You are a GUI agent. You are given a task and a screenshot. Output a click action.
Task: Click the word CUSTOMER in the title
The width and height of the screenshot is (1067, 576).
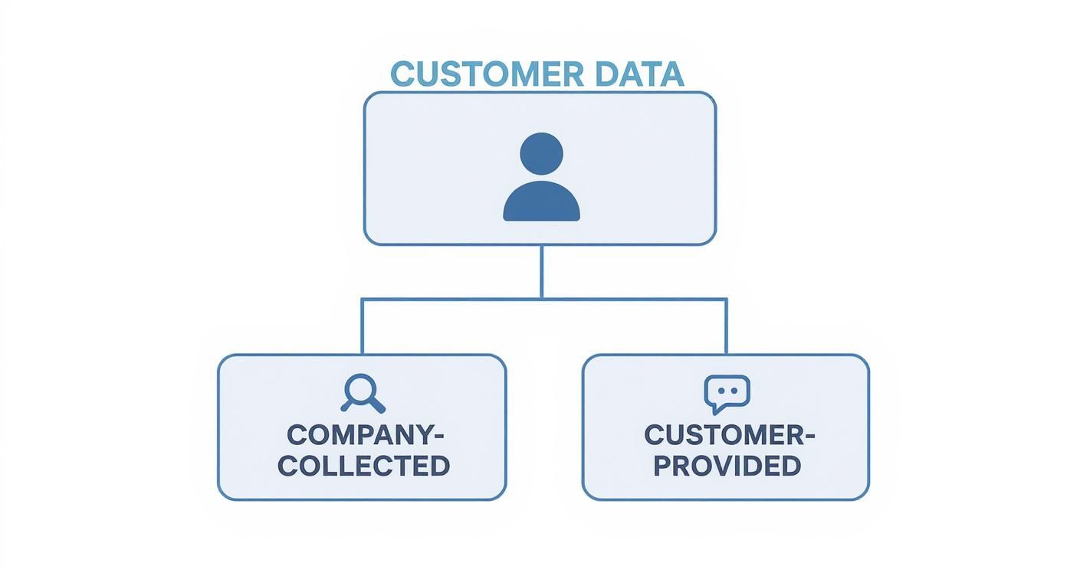coord(487,74)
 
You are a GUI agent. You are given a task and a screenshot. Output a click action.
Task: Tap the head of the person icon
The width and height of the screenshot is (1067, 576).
coord(542,153)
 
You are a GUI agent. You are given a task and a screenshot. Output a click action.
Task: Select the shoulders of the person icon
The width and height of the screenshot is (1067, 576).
coord(542,201)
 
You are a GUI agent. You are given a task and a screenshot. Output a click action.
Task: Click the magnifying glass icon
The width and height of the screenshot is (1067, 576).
coord(363,393)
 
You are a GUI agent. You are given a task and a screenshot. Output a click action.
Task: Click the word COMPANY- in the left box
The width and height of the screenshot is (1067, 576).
coord(366,435)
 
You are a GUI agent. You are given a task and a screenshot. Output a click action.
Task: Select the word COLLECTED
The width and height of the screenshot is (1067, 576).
coord(364,466)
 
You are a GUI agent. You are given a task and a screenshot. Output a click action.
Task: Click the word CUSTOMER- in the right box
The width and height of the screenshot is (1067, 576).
coord(730,435)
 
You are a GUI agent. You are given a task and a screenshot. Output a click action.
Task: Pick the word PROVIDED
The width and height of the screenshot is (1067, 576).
coord(727,466)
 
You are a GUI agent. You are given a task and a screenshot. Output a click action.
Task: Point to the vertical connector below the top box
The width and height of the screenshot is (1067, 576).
coord(542,272)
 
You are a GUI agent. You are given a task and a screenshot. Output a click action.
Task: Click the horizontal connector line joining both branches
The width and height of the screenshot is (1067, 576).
coord(544,299)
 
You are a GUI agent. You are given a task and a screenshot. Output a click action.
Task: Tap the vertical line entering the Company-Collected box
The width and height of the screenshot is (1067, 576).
coord(363,326)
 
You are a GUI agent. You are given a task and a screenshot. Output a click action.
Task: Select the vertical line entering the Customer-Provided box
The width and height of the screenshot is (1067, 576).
coord(726,326)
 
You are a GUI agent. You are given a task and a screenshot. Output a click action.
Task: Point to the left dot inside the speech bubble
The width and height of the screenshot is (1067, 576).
coord(721,391)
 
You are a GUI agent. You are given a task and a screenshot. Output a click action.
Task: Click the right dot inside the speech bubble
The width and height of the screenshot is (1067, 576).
coord(734,391)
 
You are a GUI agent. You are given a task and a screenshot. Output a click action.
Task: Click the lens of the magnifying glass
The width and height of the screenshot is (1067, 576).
coord(360,388)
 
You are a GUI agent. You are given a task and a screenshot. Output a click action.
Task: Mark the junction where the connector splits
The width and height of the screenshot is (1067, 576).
coord(542,299)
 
